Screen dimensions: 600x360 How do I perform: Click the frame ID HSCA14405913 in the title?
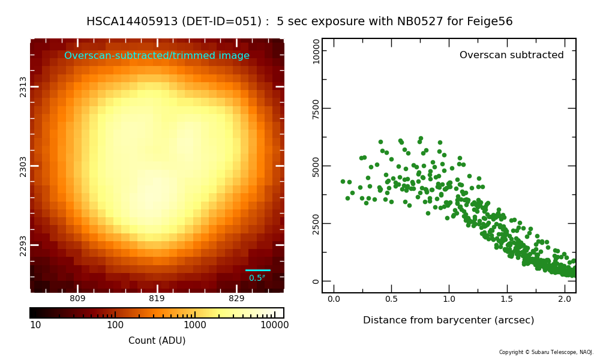tap(132, 21)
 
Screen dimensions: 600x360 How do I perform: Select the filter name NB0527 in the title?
tap(420, 21)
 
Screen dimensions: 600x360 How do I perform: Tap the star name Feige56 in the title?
tap(490, 22)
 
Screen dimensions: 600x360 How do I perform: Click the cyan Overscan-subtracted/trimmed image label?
tap(157, 55)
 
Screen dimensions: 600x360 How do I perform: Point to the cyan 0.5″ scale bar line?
tap(257, 270)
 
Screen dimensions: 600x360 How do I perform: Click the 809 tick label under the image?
tap(77, 298)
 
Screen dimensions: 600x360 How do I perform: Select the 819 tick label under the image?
tap(157, 298)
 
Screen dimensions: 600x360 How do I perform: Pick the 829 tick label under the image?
tap(236, 298)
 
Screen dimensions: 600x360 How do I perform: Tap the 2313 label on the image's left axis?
tap(23, 87)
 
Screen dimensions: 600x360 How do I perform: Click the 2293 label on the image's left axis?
tap(23, 245)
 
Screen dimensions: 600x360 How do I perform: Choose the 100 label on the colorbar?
tap(115, 325)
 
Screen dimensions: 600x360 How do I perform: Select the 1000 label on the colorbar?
tap(195, 325)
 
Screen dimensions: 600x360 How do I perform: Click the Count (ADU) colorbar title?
tap(157, 340)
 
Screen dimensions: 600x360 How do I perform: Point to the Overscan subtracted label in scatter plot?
tap(512, 55)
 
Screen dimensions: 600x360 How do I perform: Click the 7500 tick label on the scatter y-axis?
tap(316, 109)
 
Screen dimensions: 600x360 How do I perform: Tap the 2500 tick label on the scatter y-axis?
tap(316, 224)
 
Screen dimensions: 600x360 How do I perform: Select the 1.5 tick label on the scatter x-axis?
tap(506, 299)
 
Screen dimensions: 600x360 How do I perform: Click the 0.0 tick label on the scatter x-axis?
tap(334, 299)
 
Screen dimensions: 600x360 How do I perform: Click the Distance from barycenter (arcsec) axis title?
tap(448, 320)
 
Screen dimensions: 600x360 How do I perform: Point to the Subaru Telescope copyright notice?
tap(546, 352)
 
